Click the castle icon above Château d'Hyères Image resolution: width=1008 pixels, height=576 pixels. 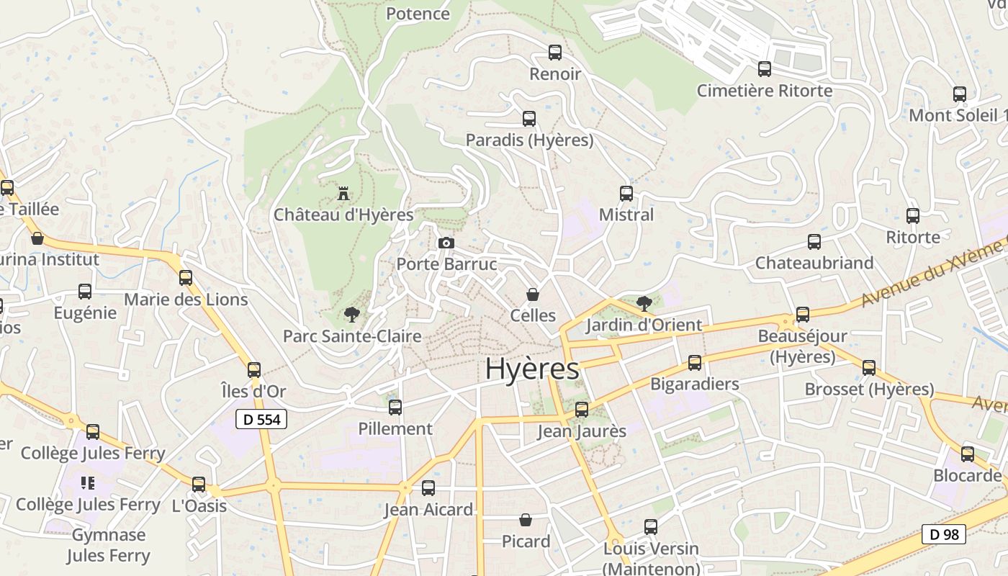[x=343, y=193]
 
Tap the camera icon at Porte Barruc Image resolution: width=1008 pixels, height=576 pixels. [x=446, y=243]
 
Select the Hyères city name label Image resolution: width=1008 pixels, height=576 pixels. [x=532, y=369]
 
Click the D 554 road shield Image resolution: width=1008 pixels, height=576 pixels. [x=261, y=419]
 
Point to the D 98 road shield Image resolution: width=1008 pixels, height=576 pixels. [x=944, y=534]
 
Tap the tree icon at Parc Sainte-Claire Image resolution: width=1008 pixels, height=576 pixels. [x=351, y=314]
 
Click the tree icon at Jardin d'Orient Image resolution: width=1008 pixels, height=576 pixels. [x=644, y=302]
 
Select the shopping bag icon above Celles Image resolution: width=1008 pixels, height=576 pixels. [x=533, y=294]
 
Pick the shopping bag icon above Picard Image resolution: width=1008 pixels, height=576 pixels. [x=526, y=520]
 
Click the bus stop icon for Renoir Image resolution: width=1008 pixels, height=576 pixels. [x=555, y=52]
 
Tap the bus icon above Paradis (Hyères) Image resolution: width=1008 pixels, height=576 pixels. [x=529, y=118]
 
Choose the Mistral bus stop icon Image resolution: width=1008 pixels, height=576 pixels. [x=626, y=193]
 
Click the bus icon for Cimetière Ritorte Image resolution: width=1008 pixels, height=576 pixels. [x=765, y=69]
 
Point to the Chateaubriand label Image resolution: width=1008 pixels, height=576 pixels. [x=814, y=263]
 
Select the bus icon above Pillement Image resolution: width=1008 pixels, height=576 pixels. [x=395, y=408]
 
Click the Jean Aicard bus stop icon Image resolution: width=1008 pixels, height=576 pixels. [x=428, y=488]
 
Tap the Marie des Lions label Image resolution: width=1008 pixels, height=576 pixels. [x=186, y=300]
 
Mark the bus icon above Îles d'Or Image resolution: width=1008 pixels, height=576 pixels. [x=254, y=370]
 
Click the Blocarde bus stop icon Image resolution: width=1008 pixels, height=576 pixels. [x=968, y=454]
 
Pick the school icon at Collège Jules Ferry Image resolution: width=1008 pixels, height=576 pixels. [x=88, y=483]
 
